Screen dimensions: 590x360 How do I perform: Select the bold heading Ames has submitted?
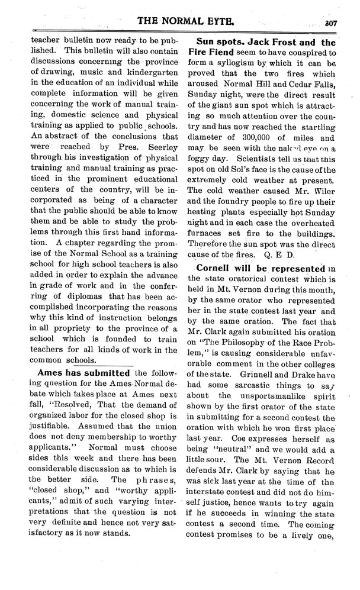click(x=83, y=373)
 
